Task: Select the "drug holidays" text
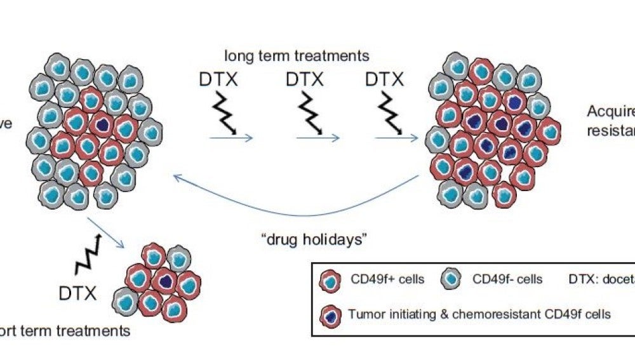[x=306, y=240]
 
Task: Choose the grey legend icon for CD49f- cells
[x=451, y=279]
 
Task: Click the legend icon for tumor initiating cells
[x=329, y=314]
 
